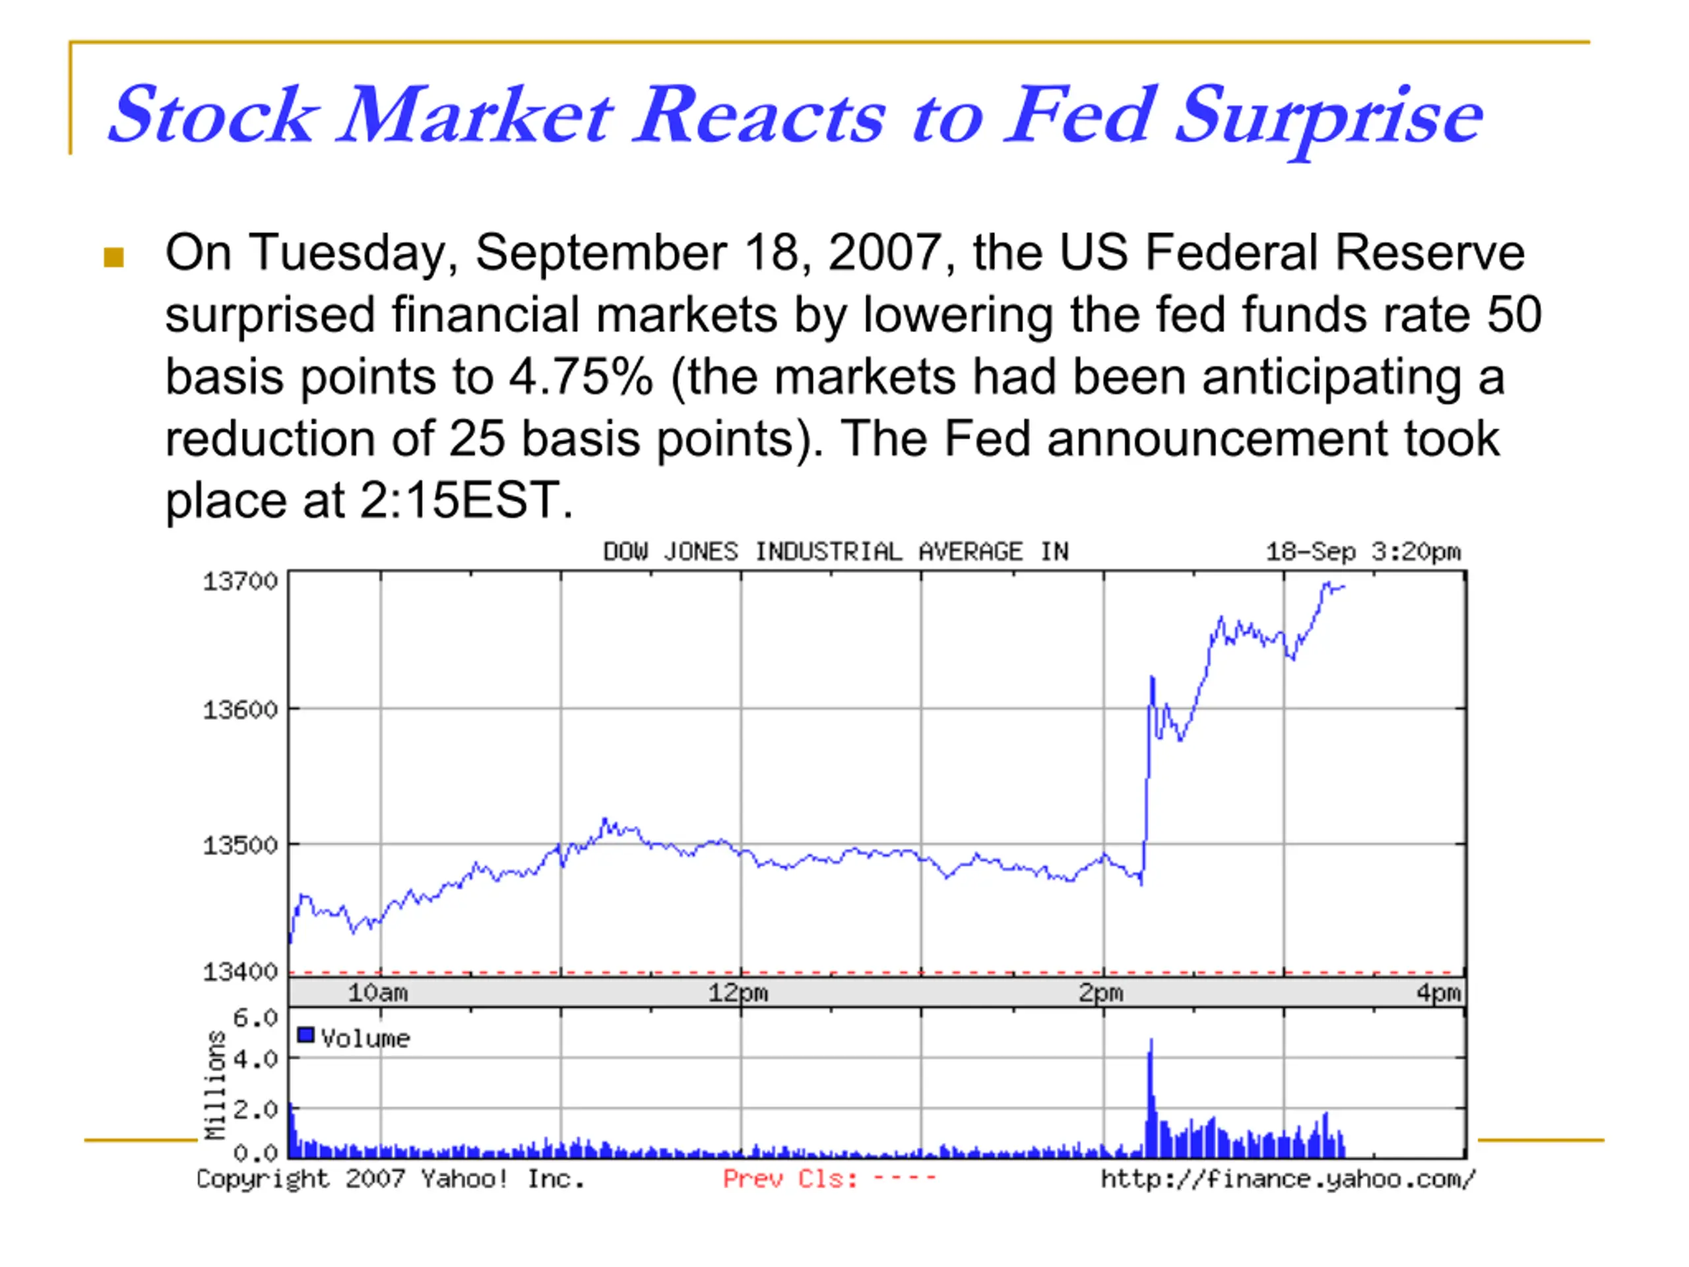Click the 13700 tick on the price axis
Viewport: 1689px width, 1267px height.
click(239, 582)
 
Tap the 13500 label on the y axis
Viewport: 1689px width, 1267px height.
click(239, 845)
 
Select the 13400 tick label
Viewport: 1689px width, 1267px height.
click(239, 972)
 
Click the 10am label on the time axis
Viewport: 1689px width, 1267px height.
click(378, 993)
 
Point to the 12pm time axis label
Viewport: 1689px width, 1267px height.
click(738, 993)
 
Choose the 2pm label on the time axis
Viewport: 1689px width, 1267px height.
click(1101, 993)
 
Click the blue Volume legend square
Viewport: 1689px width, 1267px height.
click(305, 1035)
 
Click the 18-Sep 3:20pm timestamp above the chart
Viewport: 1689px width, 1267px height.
click(1364, 552)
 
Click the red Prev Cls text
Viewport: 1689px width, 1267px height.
click(790, 1179)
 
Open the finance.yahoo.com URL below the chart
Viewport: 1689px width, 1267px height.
click(1288, 1180)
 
